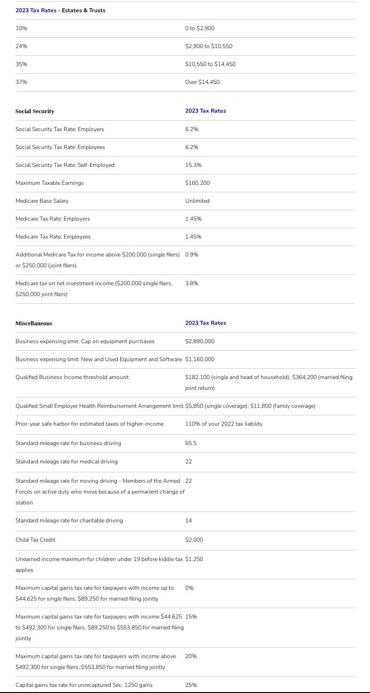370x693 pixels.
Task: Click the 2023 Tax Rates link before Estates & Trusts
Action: click(x=36, y=10)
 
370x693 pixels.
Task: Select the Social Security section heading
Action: click(x=35, y=111)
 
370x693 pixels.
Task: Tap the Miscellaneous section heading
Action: click(x=33, y=323)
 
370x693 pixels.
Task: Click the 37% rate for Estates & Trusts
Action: click(x=21, y=82)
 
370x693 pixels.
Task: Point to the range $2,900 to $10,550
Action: click(x=208, y=46)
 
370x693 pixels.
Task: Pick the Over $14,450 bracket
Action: click(x=202, y=82)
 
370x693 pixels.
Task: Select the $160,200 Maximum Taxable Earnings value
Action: click(x=197, y=183)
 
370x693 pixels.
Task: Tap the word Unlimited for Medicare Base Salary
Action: click(x=197, y=201)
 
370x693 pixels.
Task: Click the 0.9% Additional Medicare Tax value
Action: click(x=192, y=255)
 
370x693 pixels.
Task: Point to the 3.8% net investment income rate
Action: click(x=192, y=283)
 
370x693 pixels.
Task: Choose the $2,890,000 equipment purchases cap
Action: click(x=200, y=341)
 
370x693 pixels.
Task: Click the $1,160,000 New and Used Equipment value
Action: click(x=200, y=359)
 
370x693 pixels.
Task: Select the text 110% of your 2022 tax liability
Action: click(x=224, y=424)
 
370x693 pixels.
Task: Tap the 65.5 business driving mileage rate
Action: click(x=191, y=443)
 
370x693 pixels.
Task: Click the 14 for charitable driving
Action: click(x=189, y=520)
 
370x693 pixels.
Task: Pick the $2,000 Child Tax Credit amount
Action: click(x=194, y=540)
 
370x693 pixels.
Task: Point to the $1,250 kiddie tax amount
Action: click(x=194, y=559)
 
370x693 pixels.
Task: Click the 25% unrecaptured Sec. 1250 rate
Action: click(x=191, y=685)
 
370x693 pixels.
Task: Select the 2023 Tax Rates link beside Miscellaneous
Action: click(x=206, y=323)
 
